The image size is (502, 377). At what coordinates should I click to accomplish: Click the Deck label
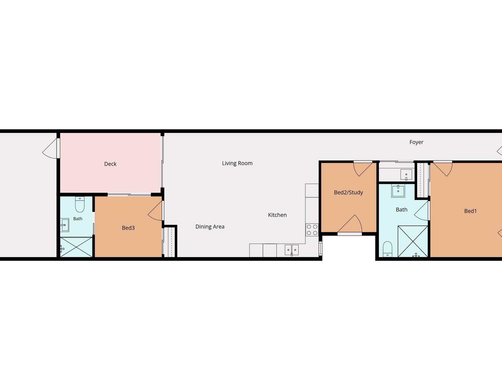pos(110,164)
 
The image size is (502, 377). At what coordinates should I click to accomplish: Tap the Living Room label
pos(237,163)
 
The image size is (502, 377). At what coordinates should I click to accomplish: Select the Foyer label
pos(416,142)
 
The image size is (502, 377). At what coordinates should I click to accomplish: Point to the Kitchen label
pos(277,215)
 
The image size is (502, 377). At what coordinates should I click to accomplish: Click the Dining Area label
pos(210,227)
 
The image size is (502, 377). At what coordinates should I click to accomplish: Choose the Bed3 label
pos(128,228)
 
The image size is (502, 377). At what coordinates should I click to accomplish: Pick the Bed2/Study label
pos(348,193)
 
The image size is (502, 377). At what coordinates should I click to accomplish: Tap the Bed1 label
pos(470,211)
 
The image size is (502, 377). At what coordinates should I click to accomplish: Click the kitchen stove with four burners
pos(312,230)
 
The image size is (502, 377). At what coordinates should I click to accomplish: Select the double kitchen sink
pos(292,250)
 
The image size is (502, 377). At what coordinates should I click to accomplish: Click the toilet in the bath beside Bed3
pos(80,204)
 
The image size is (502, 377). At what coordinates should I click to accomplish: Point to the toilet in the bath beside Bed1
pos(388,249)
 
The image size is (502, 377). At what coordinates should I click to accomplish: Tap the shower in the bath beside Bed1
pos(413,241)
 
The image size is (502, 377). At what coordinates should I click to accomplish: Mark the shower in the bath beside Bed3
pos(76,247)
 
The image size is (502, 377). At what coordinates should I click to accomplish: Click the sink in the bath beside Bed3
pos(64,225)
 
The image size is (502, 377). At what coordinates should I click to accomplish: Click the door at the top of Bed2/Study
pos(363,169)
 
